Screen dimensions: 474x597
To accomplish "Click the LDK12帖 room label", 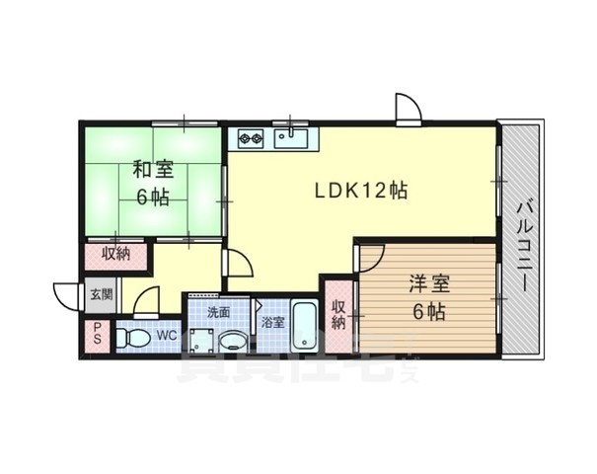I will (x=362, y=191).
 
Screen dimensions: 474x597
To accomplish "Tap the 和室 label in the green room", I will (x=153, y=169).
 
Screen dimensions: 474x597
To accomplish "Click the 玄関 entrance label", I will (x=101, y=293).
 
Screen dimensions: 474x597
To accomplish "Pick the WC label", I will (x=166, y=336).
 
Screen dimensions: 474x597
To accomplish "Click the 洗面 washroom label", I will (x=218, y=312).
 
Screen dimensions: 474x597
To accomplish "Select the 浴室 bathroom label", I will (x=272, y=322).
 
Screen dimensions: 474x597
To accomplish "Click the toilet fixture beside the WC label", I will (x=133, y=339).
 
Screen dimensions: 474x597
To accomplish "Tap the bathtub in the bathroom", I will (x=304, y=327).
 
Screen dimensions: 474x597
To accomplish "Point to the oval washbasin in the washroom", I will (x=233, y=342).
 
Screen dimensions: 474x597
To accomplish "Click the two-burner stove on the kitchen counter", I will (x=248, y=138).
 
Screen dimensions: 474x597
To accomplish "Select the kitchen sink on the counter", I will (x=291, y=137).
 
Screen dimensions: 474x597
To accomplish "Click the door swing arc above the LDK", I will (x=408, y=107).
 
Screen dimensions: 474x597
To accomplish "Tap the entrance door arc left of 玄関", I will (x=67, y=295).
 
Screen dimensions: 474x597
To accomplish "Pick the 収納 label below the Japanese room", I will (x=116, y=255).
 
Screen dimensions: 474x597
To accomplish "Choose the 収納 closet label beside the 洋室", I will (x=337, y=314).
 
